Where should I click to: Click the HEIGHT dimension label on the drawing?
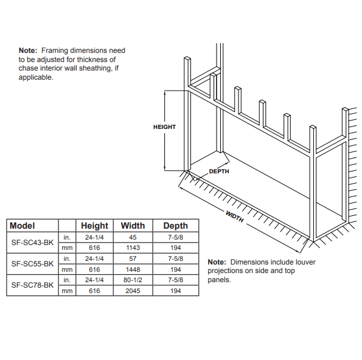click(164, 127)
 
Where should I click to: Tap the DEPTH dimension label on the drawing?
click(219, 171)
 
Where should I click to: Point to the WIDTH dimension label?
click(235, 216)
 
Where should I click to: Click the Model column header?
click(22, 226)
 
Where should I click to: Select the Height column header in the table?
click(94, 226)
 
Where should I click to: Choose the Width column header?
click(133, 226)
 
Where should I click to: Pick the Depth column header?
click(175, 226)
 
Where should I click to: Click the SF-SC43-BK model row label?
click(32, 243)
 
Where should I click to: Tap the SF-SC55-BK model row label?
click(32, 264)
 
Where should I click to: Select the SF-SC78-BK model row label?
click(32, 285)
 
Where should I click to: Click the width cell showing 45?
click(133, 237)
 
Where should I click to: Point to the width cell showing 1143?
click(133, 248)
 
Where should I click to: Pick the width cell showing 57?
click(133, 258)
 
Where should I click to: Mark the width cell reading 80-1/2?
click(133, 280)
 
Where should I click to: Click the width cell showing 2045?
click(133, 291)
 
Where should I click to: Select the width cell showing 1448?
click(133, 269)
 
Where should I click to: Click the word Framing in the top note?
click(55, 50)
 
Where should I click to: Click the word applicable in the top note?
click(36, 77)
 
